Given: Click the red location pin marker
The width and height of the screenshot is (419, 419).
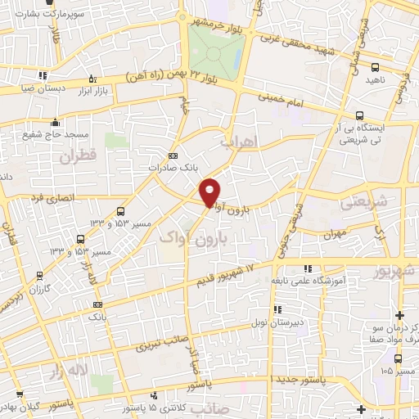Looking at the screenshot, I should click(211, 192).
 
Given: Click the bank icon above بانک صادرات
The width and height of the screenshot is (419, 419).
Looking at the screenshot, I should click(172, 155).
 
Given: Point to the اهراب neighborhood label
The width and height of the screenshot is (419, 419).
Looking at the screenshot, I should click(239, 142).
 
